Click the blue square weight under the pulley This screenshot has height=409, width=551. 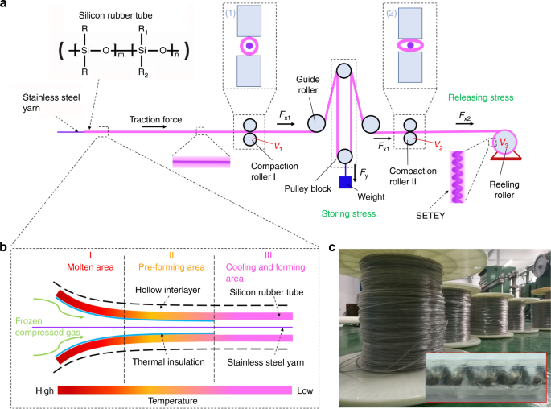[x=345, y=182]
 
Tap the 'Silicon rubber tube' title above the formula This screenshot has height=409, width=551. [x=115, y=15]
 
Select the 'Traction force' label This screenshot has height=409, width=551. [x=155, y=120]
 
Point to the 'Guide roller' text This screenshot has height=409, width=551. [x=308, y=85]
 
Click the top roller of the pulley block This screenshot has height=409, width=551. [x=343, y=70]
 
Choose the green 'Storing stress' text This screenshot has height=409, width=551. [x=348, y=213]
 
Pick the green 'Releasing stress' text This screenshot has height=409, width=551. [x=481, y=97]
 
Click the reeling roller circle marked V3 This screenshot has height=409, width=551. [x=504, y=142]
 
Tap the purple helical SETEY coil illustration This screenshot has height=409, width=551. [x=457, y=177]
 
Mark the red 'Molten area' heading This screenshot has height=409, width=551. [x=90, y=267]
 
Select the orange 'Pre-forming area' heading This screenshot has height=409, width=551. [x=171, y=267]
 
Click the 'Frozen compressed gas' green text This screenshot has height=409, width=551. [x=47, y=327]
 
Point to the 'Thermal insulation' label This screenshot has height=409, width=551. [x=168, y=361]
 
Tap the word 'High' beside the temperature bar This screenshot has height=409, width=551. [x=44, y=390]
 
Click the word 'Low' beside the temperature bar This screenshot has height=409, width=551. [x=305, y=390]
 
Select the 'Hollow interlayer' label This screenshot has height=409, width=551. [x=167, y=290]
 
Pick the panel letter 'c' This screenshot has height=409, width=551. [x=331, y=248]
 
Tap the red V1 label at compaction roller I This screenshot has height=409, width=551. [x=278, y=147]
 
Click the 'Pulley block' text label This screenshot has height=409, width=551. [x=308, y=189]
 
